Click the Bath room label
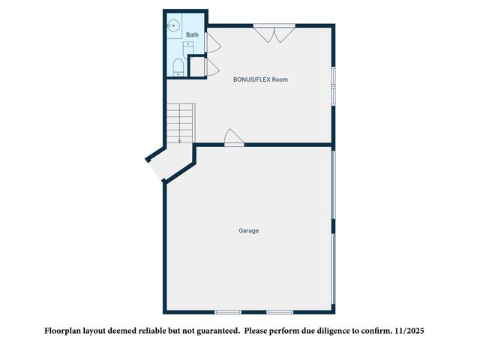click(x=193, y=34)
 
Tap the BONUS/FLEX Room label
click(x=259, y=79)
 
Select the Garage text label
click(x=249, y=230)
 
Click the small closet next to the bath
click(x=197, y=67)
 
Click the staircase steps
click(x=180, y=121)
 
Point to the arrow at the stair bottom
click(x=179, y=139)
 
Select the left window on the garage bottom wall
click(x=227, y=312)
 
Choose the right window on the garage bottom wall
click(x=280, y=312)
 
